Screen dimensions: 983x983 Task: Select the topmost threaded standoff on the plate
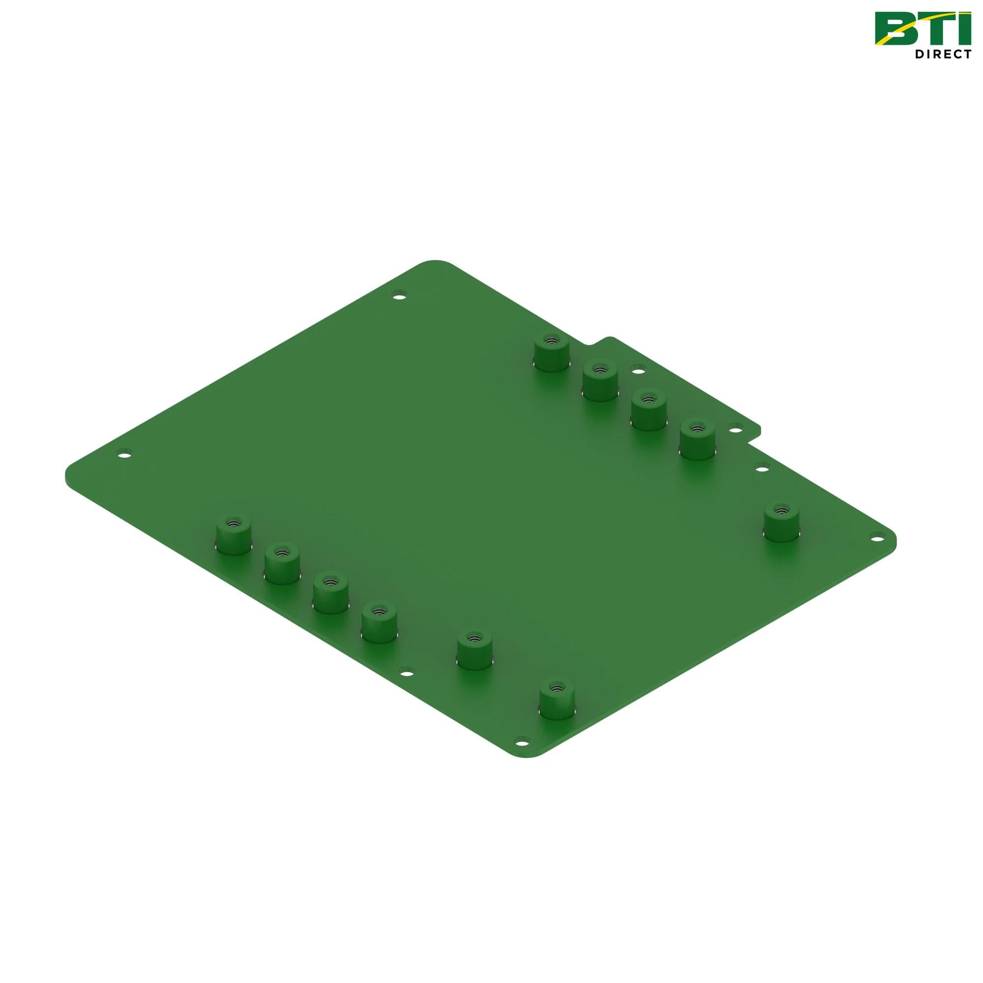pyautogui.click(x=551, y=351)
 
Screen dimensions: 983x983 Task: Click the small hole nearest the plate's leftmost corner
pyautogui.click(x=124, y=453)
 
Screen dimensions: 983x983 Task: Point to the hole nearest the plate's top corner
pyautogui.click(x=401, y=294)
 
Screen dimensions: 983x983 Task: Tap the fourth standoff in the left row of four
pyautogui.click(x=379, y=623)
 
